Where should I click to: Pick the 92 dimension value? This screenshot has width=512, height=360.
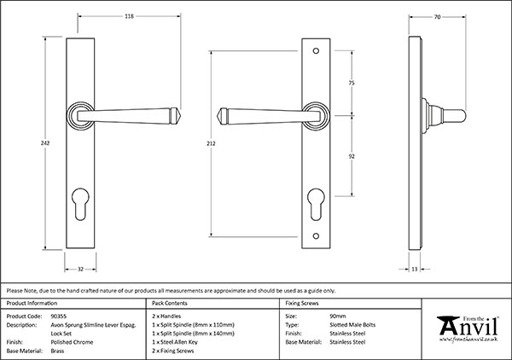tap(352, 158)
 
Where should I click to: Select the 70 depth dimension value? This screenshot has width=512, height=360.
tap(438, 15)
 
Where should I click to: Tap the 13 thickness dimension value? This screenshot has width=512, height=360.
tap(414, 269)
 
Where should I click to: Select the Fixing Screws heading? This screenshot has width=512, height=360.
tap(303, 303)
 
